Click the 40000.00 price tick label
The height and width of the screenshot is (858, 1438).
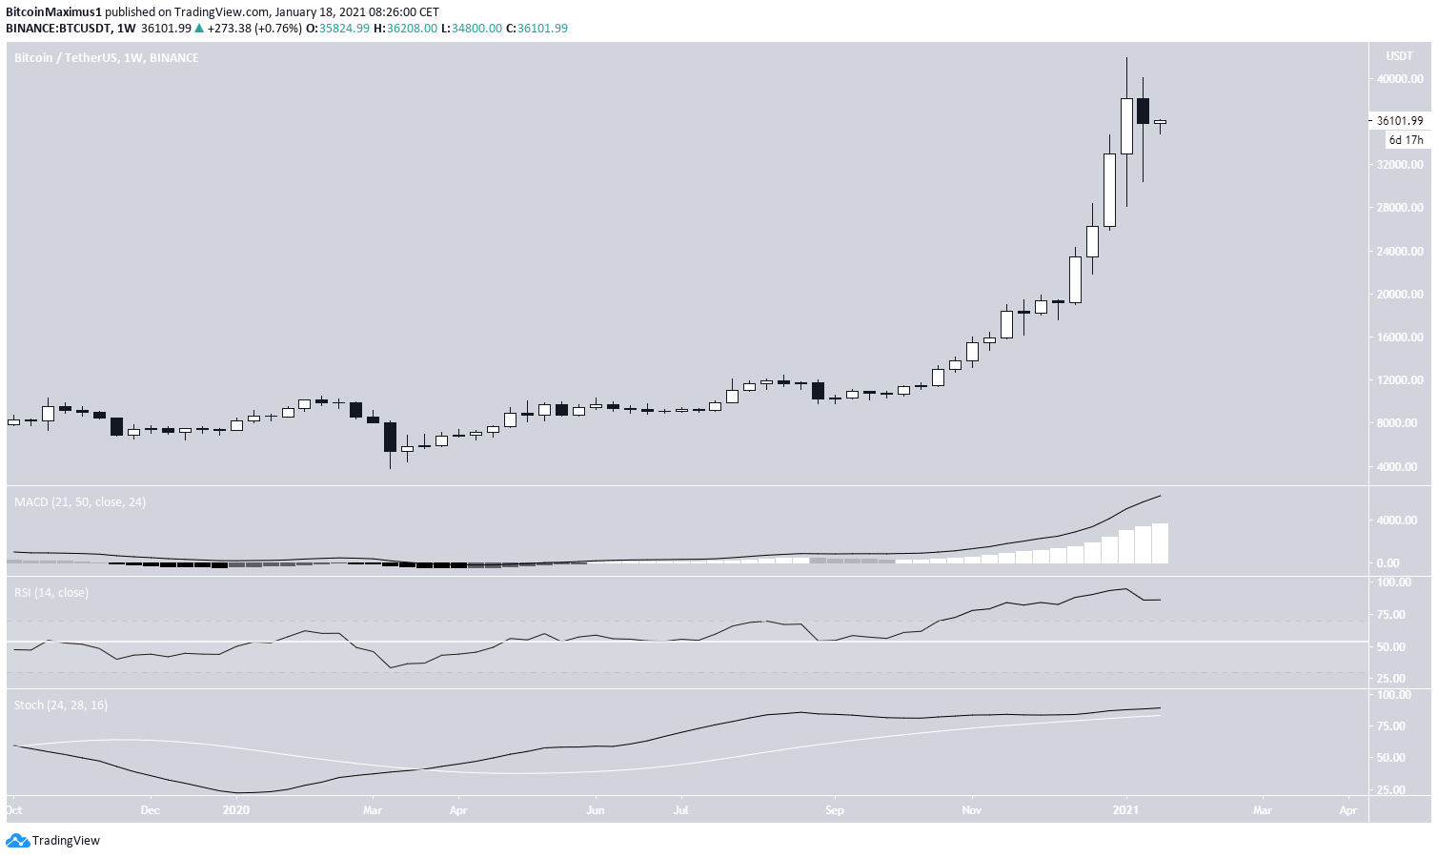(x=1399, y=79)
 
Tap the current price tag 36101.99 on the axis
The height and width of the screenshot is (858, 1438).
(x=1399, y=121)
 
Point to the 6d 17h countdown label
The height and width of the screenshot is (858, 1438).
(x=1406, y=140)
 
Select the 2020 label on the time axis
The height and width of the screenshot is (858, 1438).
(x=235, y=810)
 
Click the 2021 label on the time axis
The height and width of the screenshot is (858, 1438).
(x=1125, y=810)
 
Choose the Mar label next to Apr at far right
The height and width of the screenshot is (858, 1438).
(x=1262, y=810)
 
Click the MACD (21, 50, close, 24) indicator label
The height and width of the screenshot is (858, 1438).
(x=80, y=502)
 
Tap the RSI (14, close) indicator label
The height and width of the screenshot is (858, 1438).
(x=51, y=593)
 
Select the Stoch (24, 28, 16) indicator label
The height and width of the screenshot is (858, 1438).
(x=61, y=705)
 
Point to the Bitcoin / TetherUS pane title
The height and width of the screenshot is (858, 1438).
(x=107, y=58)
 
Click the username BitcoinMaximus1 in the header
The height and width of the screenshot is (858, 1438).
(x=53, y=12)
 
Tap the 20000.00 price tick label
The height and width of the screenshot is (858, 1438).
(x=1399, y=295)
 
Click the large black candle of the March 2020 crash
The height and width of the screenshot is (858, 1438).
(x=390, y=437)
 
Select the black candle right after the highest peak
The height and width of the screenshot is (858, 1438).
(x=1143, y=111)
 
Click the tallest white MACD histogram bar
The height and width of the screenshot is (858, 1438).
(x=1160, y=543)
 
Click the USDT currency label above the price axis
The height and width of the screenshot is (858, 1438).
(x=1399, y=55)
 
